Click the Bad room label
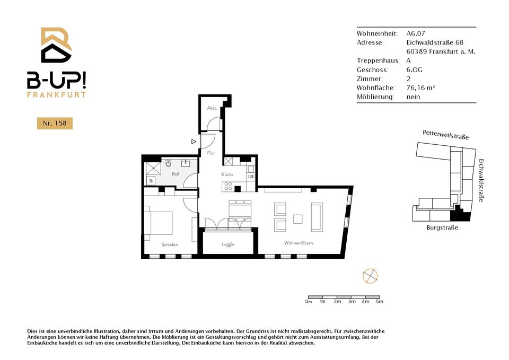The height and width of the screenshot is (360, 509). coord(175,174)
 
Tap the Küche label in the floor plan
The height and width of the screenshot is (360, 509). coord(227,174)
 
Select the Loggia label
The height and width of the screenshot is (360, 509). coord(228,244)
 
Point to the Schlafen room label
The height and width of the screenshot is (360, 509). coord(170,244)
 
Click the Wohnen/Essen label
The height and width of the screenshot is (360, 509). coord(299,243)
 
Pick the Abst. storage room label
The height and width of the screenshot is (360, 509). coord(212,108)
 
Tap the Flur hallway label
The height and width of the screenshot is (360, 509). coord(211,153)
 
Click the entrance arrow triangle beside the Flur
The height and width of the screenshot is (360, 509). coord(194,142)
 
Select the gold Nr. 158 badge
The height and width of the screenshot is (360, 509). coord(55,124)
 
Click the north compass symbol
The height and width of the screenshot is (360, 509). coord(370,276)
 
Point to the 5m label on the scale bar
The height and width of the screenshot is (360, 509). coord(380,302)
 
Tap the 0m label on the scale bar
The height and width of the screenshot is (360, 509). coord(309,302)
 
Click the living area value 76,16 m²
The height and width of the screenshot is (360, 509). coord(420,87)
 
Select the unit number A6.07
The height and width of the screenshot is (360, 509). coord(416,33)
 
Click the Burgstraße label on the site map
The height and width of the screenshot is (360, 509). coord(442,227)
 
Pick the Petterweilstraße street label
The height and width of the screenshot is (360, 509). coord(446,135)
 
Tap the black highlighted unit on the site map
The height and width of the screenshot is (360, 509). coord(460,215)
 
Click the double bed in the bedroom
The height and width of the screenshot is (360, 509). coord(159,223)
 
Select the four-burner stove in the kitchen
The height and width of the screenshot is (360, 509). coord(228,186)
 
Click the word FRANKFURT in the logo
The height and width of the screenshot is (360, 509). coord(57,95)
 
